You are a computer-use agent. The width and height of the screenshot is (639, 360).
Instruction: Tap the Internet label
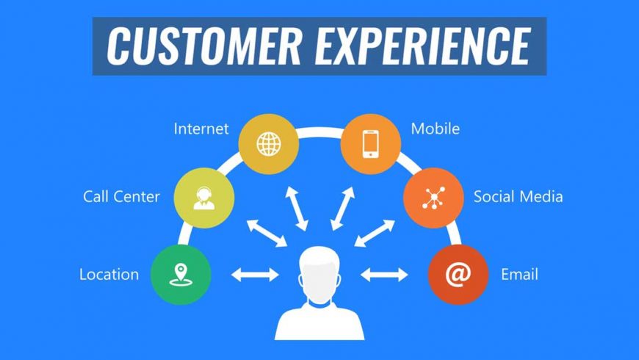click(x=201, y=129)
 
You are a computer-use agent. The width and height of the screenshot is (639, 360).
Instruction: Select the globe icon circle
click(x=269, y=143)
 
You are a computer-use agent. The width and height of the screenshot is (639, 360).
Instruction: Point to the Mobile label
click(x=435, y=129)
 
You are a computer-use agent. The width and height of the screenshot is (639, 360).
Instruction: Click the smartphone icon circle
click(x=370, y=143)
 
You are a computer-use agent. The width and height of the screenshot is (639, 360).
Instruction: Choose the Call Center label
click(x=122, y=196)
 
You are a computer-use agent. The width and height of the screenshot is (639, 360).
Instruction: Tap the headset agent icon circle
click(x=204, y=197)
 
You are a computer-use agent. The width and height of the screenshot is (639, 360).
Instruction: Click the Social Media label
click(x=518, y=196)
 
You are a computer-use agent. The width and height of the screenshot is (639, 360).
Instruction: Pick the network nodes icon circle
click(x=433, y=197)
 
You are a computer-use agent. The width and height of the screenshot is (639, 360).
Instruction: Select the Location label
click(x=109, y=275)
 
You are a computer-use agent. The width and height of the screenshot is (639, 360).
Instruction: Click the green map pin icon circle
click(x=181, y=275)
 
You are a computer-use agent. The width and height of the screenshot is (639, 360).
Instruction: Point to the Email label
click(x=519, y=275)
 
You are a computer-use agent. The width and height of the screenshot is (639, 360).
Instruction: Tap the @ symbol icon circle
click(x=458, y=275)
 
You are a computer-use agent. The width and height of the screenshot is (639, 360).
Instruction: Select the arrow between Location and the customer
click(x=255, y=275)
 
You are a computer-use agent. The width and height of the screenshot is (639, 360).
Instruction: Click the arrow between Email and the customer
click(x=384, y=275)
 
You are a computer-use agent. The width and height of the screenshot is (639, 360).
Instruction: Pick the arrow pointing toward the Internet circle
click(x=297, y=208)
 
